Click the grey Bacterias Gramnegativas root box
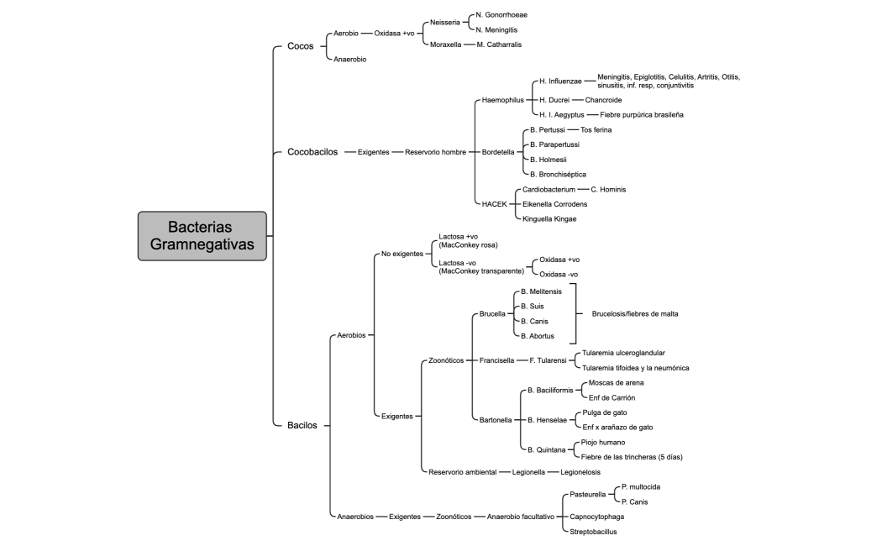(x=202, y=236)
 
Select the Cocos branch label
(x=301, y=46)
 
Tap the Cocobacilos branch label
(x=312, y=152)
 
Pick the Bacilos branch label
(x=302, y=425)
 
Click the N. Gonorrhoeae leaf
(x=501, y=15)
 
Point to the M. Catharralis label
(x=504, y=44)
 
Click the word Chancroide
(x=603, y=99)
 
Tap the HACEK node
(x=495, y=204)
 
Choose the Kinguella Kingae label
(x=549, y=218)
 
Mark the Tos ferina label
(x=596, y=130)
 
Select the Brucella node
(x=492, y=314)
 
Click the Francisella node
(x=496, y=360)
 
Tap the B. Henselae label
(x=548, y=419)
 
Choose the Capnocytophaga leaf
(x=598, y=517)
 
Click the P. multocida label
(x=641, y=487)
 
